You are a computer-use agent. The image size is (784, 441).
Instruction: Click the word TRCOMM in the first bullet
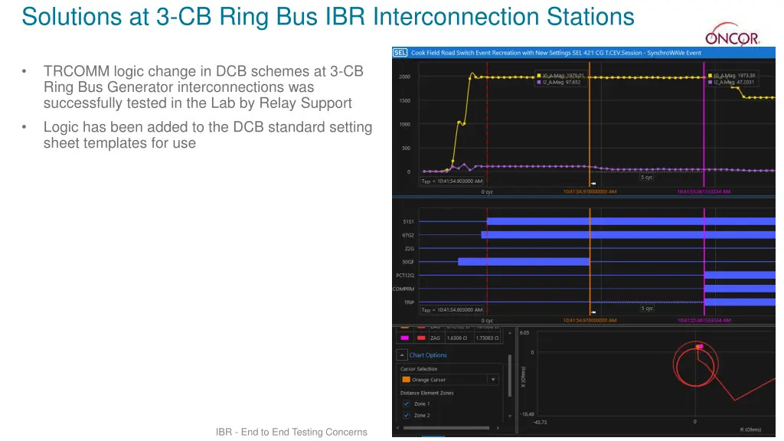click(x=76, y=71)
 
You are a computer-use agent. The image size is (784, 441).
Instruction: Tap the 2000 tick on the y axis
click(x=405, y=77)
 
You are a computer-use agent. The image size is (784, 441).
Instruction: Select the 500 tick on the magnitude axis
click(x=406, y=148)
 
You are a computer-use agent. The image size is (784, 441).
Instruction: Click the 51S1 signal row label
click(x=408, y=221)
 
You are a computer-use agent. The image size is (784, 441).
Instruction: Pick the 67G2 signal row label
click(x=408, y=235)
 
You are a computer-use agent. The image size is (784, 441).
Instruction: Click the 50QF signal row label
click(x=408, y=262)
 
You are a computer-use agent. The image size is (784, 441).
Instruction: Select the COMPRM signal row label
click(x=403, y=289)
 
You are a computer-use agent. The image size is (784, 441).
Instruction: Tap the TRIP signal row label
click(x=409, y=302)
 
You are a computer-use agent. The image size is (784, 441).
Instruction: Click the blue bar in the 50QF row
click(x=523, y=262)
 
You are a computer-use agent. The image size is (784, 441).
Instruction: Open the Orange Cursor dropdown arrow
click(x=493, y=380)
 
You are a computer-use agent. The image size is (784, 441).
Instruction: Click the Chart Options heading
click(x=427, y=355)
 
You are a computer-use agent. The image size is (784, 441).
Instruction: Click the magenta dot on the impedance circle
click(x=699, y=347)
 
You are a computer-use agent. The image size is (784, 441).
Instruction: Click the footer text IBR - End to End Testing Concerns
click(x=291, y=433)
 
